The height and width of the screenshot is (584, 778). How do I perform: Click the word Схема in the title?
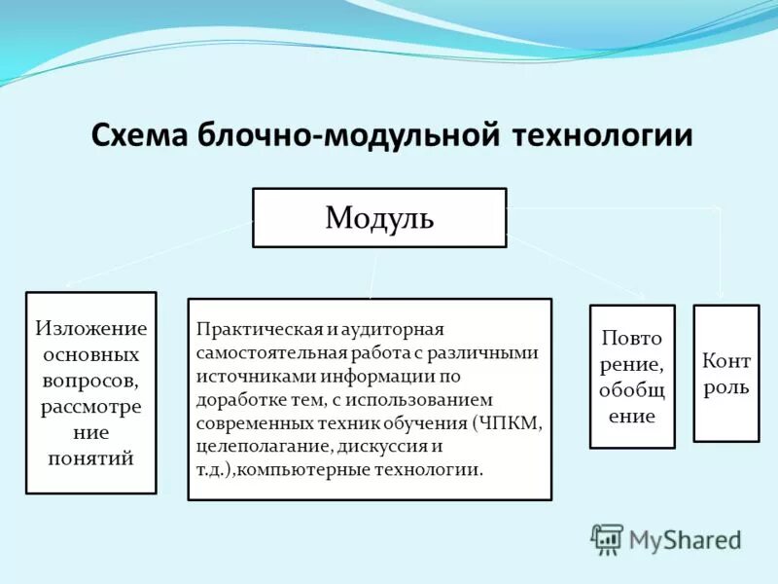tap(140, 134)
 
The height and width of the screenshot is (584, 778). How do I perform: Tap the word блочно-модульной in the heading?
tap(348, 134)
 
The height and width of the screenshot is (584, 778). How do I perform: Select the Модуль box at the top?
tap(379, 217)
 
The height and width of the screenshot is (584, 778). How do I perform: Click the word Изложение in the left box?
tap(91, 329)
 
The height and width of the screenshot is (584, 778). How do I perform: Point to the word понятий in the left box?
tap(91, 456)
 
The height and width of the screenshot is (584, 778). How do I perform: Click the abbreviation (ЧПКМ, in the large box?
tap(508, 423)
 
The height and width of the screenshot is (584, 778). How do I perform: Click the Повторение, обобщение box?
tap(632, 376)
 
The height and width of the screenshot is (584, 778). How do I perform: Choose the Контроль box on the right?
tap(725, 373)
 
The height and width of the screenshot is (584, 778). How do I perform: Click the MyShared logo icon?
tap(607, 539)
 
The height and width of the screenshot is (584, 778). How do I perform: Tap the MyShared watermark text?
tap(685, 538)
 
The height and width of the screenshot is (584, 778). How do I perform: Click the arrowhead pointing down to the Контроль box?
tap(721, 295)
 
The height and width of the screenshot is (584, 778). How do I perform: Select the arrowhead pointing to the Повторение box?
tap(641, 295)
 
